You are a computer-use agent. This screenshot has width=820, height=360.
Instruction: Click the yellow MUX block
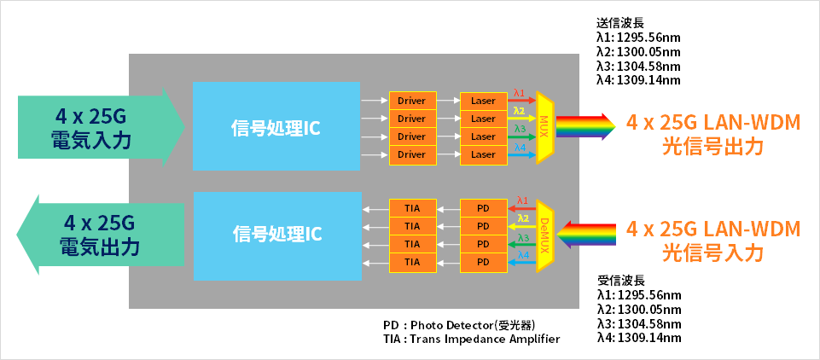pyautogui.click(x=544, y=127)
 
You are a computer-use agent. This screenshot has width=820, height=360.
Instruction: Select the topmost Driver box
pyautogui.click(x=411, y=101)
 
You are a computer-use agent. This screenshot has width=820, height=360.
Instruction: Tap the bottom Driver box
pyautogui.click(x=411, y=154)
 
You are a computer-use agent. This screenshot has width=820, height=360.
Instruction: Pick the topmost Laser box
pyautogui.click(x=483, y=101)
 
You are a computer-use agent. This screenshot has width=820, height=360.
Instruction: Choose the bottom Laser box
pyautogui.click(x=483, y=154)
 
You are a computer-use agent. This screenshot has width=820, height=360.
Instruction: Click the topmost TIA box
pyautogui.click(x=412, y=208)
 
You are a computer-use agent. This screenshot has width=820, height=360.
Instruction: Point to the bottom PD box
pyautogui.click(x=483, y=262)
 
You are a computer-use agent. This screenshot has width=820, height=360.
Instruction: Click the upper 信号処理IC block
pyautogui.click(x=276, y=126)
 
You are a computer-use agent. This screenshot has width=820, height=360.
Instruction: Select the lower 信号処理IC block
pyautogui.click(x=276, y=235)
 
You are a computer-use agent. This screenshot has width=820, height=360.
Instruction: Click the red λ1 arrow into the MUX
pyautogui.click(x=522, y=101)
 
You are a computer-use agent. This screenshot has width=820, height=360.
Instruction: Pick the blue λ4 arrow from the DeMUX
pyautogui.click(x=522, y=263)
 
